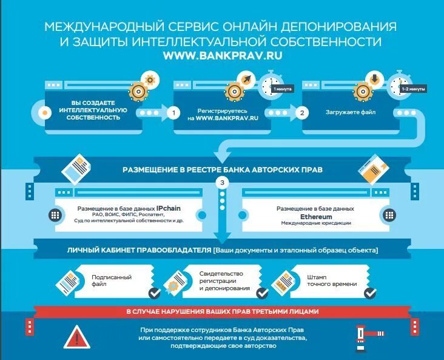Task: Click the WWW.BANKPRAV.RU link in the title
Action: tap(221, 55)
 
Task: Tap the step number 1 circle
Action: tap(173, 113)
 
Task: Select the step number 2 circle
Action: tap(301, 113)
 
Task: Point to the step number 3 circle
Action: tap(222, 182)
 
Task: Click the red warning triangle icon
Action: tap(76, 337)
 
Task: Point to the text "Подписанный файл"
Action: tap(103, 280)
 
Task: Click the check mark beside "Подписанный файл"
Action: tap(155, 293)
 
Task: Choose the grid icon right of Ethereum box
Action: tap(388, 215)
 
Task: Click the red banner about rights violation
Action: tap(222, 312)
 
